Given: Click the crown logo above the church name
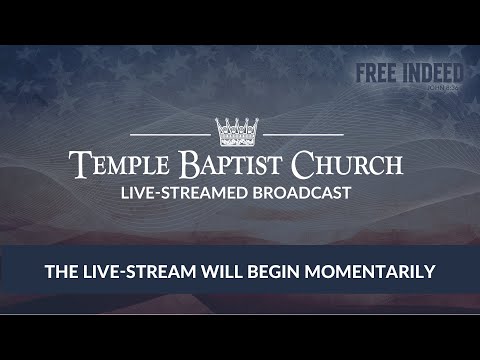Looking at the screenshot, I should (x=237, y=130).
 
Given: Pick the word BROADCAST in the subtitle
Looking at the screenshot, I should (x=299, y=193).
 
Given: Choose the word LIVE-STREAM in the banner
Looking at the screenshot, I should (x=164, y=270).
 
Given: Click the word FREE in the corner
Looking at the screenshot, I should (x=375, y=73).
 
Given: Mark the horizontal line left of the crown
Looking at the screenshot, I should (x=171, y=133).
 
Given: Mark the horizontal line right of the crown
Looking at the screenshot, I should (x=302, y=133).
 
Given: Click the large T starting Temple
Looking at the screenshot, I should (x=75, y=162).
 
